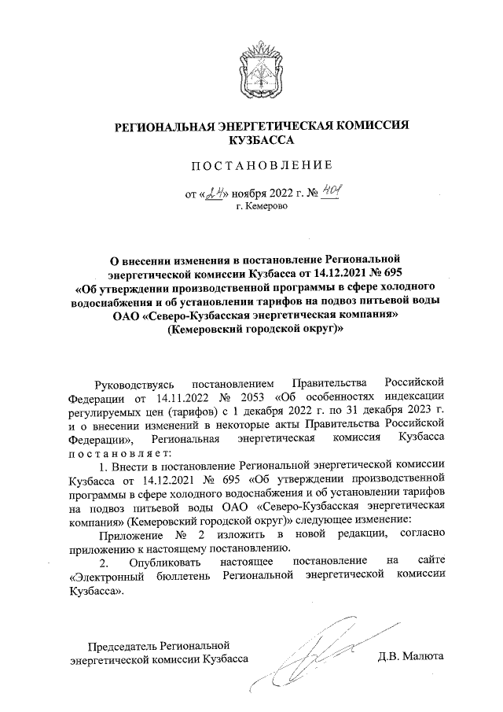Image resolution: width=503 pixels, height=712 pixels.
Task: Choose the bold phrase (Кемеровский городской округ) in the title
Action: click(x=254, y=331)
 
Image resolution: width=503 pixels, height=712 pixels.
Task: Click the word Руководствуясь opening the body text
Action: click(x=136, y=383)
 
